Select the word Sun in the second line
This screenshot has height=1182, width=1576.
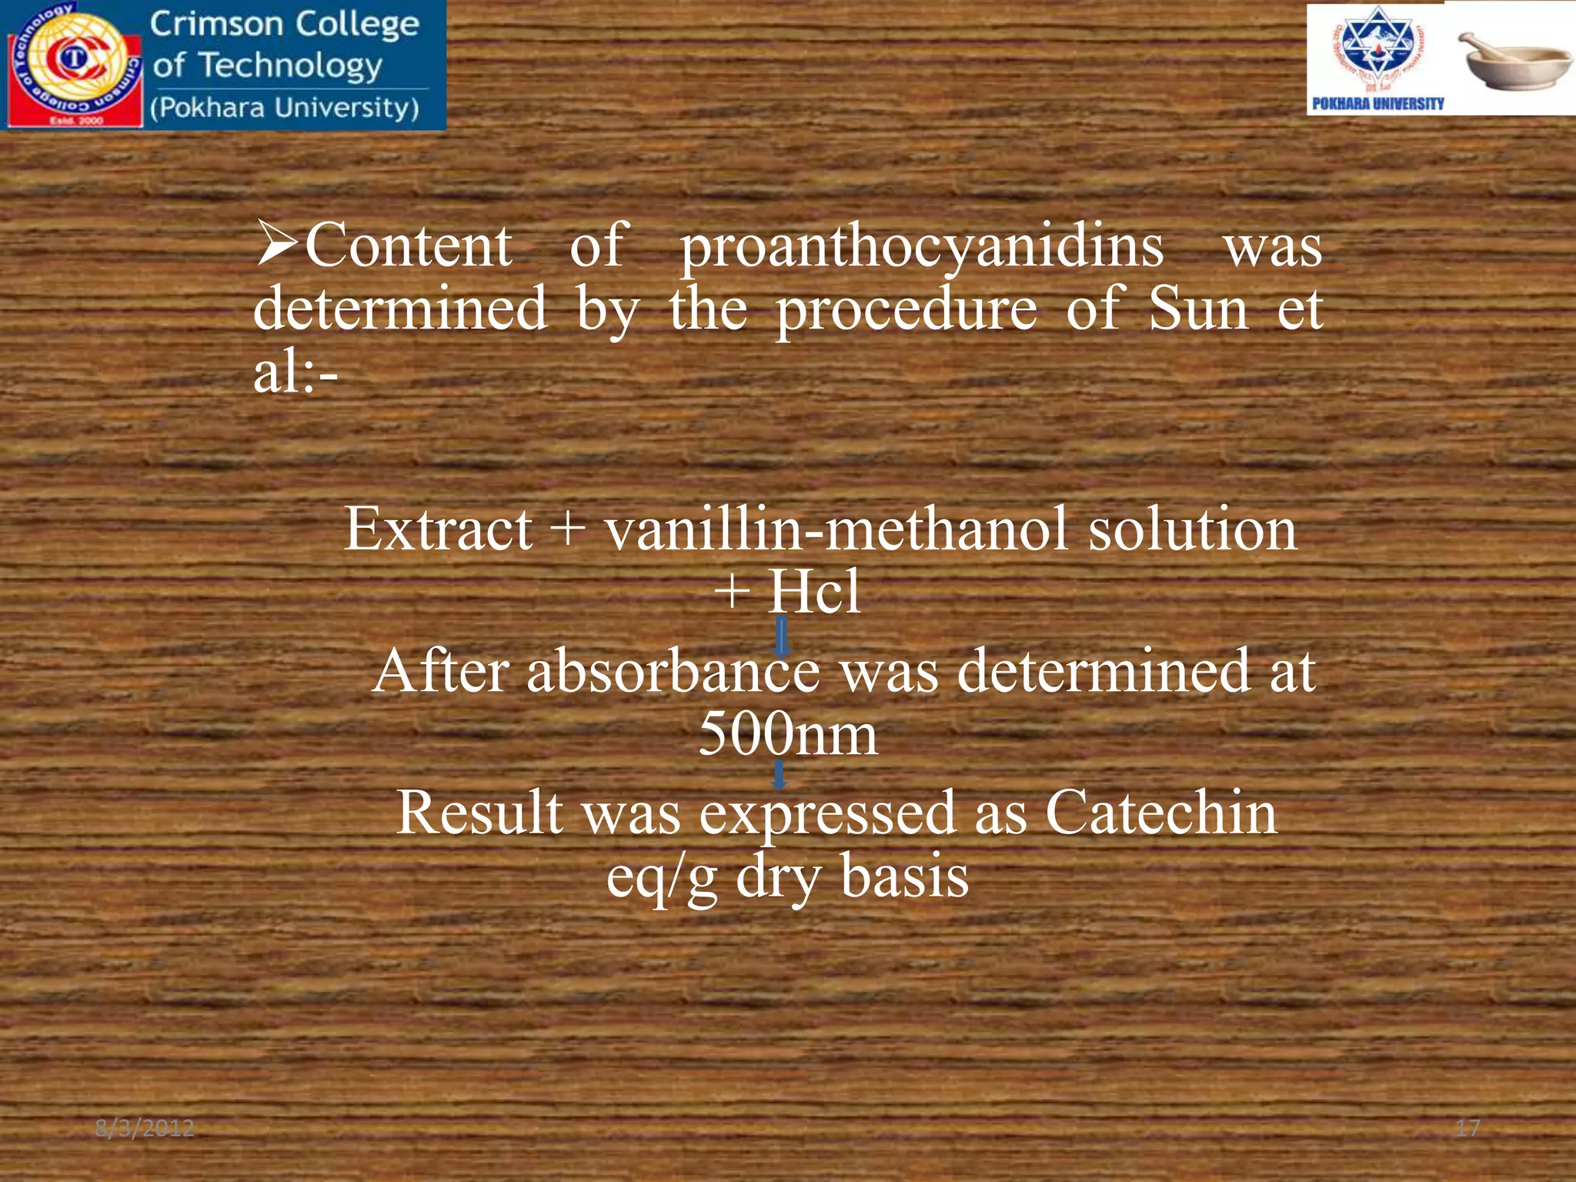(x=1197, y=309)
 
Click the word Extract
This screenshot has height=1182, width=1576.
(x=438, y=529)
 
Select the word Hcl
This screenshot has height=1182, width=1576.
(x=815, y=593)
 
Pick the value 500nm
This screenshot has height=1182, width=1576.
(x=788, y=733)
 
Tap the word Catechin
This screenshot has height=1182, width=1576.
(x=1160, y=813)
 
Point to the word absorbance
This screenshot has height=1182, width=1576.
(x=673, y=671)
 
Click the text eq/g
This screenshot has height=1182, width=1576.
(x=662, y=877)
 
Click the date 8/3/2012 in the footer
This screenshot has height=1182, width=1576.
(x=145, y=1128)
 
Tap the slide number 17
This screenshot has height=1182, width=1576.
(x=1467, y=1128)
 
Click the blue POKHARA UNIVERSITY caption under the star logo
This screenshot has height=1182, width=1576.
(x=1377, y=104)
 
